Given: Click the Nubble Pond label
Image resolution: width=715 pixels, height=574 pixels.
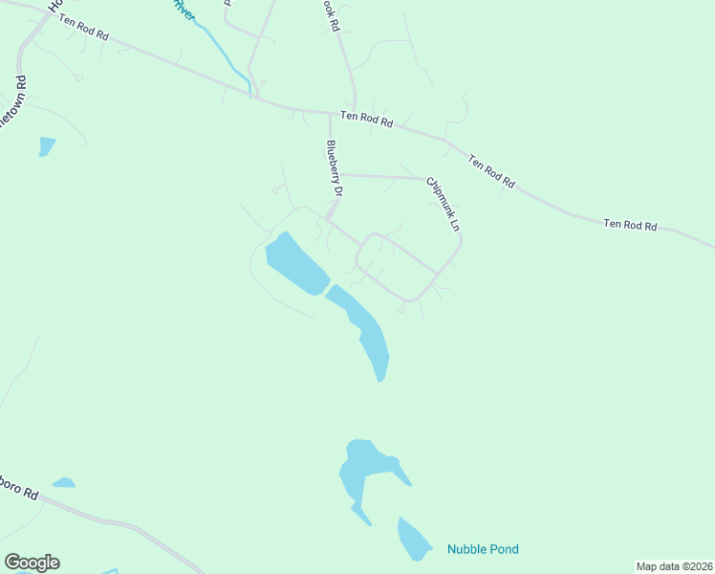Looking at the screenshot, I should click(483, 549).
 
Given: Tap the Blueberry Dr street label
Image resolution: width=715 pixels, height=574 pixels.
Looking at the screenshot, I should click(334, 168).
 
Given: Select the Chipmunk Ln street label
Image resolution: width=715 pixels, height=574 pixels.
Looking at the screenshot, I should click(444, 204).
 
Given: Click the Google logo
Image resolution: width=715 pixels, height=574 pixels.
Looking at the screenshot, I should click(32, 563).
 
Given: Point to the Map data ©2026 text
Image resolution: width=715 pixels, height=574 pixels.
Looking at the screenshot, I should click(674, 566).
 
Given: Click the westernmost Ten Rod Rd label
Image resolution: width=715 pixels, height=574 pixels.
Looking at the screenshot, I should click(84, 28).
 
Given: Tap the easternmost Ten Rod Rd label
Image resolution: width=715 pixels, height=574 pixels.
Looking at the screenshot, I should click(630, 226).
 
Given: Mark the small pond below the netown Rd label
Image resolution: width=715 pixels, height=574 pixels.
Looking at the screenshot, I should click(46, 146).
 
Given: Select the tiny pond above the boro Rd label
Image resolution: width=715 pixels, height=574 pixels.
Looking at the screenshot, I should click(63, 482).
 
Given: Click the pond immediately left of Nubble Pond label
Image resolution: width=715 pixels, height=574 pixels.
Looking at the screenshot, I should click(414, 540).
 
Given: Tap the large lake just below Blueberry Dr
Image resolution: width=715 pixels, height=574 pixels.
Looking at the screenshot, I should click(293, 265).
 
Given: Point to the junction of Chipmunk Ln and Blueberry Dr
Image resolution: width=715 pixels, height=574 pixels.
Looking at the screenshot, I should click(341, 175).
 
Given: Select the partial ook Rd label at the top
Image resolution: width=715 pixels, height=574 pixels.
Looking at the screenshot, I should click(330, 16).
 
